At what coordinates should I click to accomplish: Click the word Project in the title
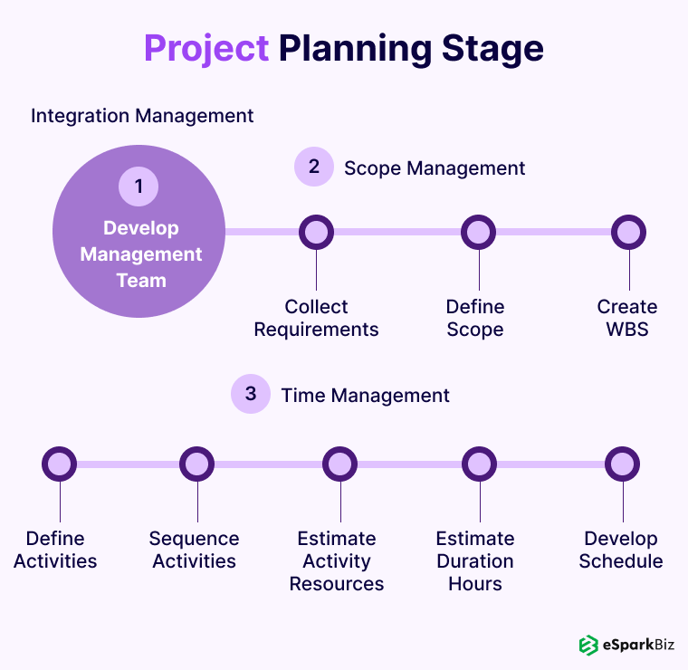pyautogui.click(x=206, y=49)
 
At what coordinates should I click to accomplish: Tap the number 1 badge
pyautogui.click(x=139, y=187)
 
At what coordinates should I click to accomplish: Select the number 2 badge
pyautogui.click(x=314, y=167)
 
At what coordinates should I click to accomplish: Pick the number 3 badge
pyautogui.click(x=251, y=394)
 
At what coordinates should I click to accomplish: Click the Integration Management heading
pyautogui.click(x=142, y=116)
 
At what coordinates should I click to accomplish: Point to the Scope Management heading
pyautogui.click(x=435, y=168)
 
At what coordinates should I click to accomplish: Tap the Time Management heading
pyautogui.click(x=365, y=396)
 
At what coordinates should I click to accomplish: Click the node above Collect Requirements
pyautogui.click(x=316, y=232)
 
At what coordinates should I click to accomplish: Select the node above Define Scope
pyautogui.click(x=478, y=232)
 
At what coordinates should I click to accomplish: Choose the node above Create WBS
pyautogui.click(x=629, y=232)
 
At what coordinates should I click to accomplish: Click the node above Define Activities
pyautogui.click(x=59, y=464)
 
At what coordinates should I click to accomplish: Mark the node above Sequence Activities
pyautogui.click(x=197, y=464)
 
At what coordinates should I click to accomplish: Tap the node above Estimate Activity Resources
pyautogui.click(x=340, y=464)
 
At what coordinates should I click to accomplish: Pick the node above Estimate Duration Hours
pyautogui.click(x=479, y=464)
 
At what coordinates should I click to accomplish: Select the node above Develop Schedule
pyautogui.click(x=622, y=464)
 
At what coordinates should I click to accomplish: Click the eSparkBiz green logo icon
pyautogui.click(x=588, y=645)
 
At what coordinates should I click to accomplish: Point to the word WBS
pyautogui.click(x=627, y=330)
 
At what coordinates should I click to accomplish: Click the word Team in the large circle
pyautogui.click(x=141, y=281)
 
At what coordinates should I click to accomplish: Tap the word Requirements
pyautogui.click(x=316, y=330)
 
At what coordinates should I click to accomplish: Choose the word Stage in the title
pyautogui.click(x=492, y=50)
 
